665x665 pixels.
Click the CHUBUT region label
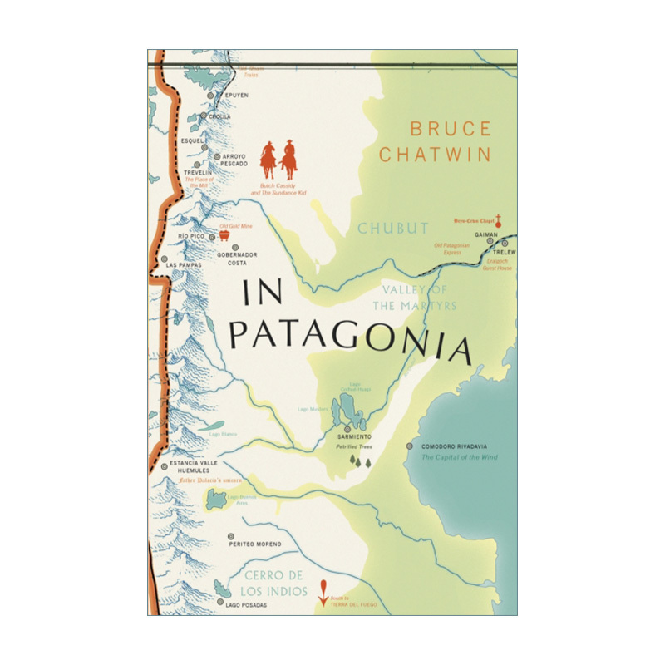pyautogui.click(x=393, y=228)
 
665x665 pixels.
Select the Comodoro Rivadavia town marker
pyautogui.click(x=409, y=446)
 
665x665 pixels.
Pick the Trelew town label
pyautogui.click(x=504, y=252)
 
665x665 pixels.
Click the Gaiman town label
pyautogui.click(x=485, y=235)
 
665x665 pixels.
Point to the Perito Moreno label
pyautogui.click(x=255, y=544)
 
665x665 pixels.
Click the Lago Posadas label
pyautogui.click(x=246, y=604)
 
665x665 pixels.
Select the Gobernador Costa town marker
pyautogui.click(x=234, y=248)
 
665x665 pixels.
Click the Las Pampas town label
pyautogui.click(x=185, y=265)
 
